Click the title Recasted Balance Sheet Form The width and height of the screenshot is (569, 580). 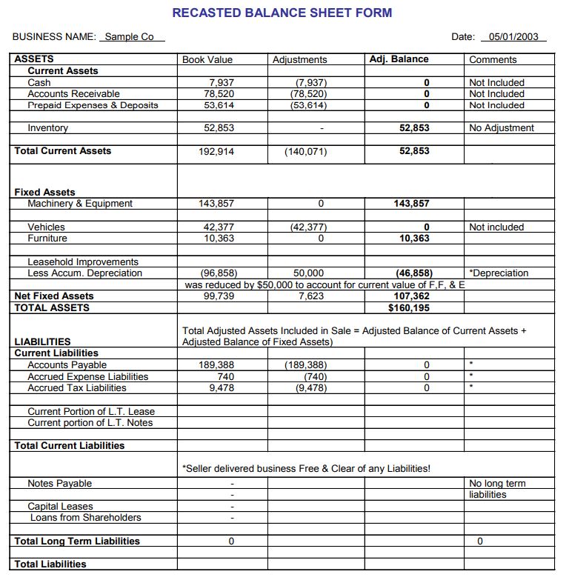(282, 13)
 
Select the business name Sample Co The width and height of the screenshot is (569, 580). (130, 37)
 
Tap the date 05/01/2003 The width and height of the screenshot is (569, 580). (513, 37)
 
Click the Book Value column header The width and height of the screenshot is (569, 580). (207, 59)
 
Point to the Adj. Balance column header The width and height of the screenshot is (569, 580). (399, 59)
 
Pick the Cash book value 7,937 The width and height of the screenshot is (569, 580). (222, 82)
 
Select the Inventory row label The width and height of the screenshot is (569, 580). (47, 128)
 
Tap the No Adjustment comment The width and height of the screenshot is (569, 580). (502, 128)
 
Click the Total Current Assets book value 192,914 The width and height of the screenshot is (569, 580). (218, 151)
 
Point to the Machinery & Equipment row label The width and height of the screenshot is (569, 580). (80, 204)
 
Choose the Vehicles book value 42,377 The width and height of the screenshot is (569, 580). (219, 227)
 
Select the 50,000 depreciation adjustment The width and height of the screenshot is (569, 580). (308, 273)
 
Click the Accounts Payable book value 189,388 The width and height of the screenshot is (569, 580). (217, 365)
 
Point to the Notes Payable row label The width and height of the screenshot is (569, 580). (60, 484)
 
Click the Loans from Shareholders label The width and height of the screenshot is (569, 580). (85, 518)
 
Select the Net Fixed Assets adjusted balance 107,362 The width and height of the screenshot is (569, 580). (412, 296)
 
